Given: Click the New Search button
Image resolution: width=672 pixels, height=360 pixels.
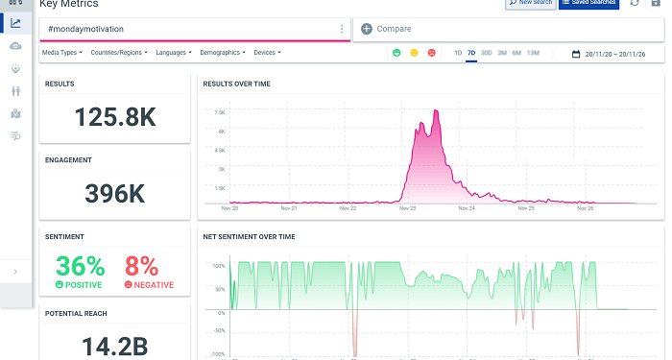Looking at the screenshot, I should tap(531, 4).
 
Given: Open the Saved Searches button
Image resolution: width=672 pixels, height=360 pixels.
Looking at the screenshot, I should tap(588, 4).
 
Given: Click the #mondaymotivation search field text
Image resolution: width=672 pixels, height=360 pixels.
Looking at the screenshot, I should tap(85, 29).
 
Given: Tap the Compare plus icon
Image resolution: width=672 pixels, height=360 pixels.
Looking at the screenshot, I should tap(367, 29).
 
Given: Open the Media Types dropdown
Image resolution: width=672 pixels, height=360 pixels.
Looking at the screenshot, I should tap(63, 53).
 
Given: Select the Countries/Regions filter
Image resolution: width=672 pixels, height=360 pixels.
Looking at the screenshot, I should tap(119, 53).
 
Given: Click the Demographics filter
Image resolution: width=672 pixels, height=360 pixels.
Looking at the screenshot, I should tap(224, 53).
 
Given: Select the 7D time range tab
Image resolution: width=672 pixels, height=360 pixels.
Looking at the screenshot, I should tap(471, 53).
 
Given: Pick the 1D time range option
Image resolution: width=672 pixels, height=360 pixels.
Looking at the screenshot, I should tap(458, 53).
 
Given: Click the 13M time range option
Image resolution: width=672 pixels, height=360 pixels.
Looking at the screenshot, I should tap(533, 53).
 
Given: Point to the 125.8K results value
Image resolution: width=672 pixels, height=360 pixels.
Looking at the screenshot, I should tap(114, 117).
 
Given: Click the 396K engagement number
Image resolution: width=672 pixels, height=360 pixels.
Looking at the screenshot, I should tap(114, 193).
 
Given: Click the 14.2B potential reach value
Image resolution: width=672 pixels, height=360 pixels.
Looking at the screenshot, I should tap(114, 344).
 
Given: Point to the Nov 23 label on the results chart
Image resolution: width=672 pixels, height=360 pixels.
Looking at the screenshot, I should tap(407, 207).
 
